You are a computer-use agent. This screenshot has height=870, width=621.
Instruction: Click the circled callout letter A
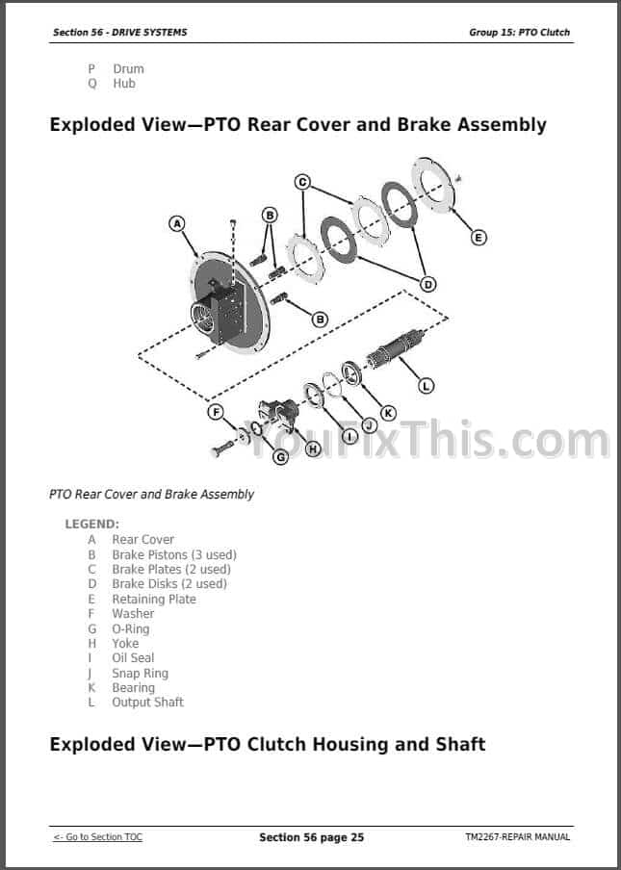point(177,223)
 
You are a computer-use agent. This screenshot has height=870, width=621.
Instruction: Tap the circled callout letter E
point(479,238)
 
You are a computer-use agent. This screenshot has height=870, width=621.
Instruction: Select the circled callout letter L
point(426,386)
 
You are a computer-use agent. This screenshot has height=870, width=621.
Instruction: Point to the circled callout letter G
point(281,456)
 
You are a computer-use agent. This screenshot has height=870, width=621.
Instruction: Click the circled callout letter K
point(388,413)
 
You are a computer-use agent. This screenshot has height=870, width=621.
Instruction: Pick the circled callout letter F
point(216,412)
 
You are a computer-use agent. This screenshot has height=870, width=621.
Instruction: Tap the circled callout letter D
point(427,285)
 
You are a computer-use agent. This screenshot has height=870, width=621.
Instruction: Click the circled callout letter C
point(302,182)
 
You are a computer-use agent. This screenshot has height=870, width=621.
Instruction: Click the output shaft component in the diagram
point(395,347)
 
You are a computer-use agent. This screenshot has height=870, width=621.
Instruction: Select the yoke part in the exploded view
point(279,415)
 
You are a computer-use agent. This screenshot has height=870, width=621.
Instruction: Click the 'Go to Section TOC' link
point(97,836)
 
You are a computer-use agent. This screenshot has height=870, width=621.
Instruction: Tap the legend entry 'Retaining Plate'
point(154,600)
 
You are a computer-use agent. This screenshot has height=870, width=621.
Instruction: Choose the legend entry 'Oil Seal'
point(133,657)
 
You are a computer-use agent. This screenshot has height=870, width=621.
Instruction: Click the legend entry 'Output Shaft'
point(147,702)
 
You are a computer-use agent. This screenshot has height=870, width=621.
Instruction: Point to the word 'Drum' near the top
point(129,68)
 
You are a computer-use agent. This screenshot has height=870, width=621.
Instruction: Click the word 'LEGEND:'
point(92,524)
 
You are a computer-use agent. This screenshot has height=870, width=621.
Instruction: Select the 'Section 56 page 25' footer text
point(311,837)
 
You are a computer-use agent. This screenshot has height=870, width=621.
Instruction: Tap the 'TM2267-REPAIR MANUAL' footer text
point(518,836)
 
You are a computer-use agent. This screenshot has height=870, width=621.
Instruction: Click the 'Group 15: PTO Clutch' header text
point(520,32)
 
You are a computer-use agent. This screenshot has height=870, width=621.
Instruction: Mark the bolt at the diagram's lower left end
point(223,448)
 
